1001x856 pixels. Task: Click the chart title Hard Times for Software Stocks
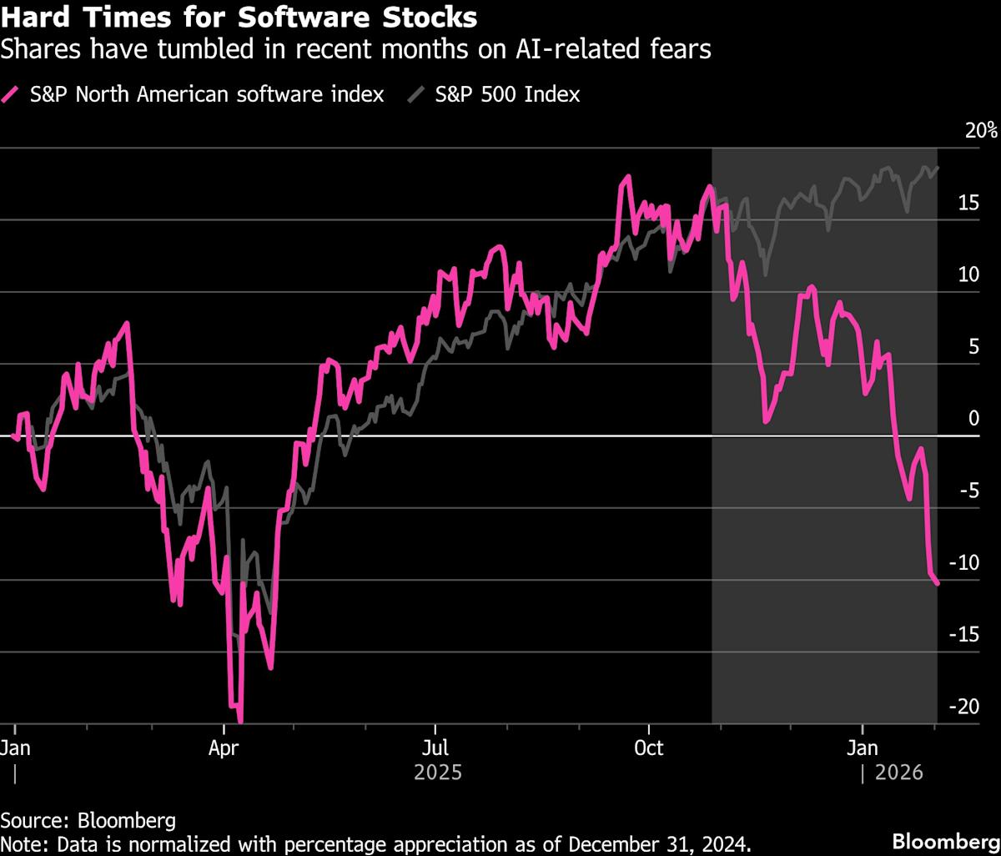tap(239, 18)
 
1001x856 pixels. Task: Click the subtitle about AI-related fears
tap(356, 50)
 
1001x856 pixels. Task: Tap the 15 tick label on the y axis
tap(967, 203)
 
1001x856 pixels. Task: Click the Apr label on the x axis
tap(224, 748)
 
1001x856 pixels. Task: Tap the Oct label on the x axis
tap(648, 748)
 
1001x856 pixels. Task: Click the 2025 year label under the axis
tap(437, 773)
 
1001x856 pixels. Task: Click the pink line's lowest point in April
tap(240, 721)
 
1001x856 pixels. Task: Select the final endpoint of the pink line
tap(938, 583)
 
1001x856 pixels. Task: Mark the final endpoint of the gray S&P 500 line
tap(938, 167)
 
